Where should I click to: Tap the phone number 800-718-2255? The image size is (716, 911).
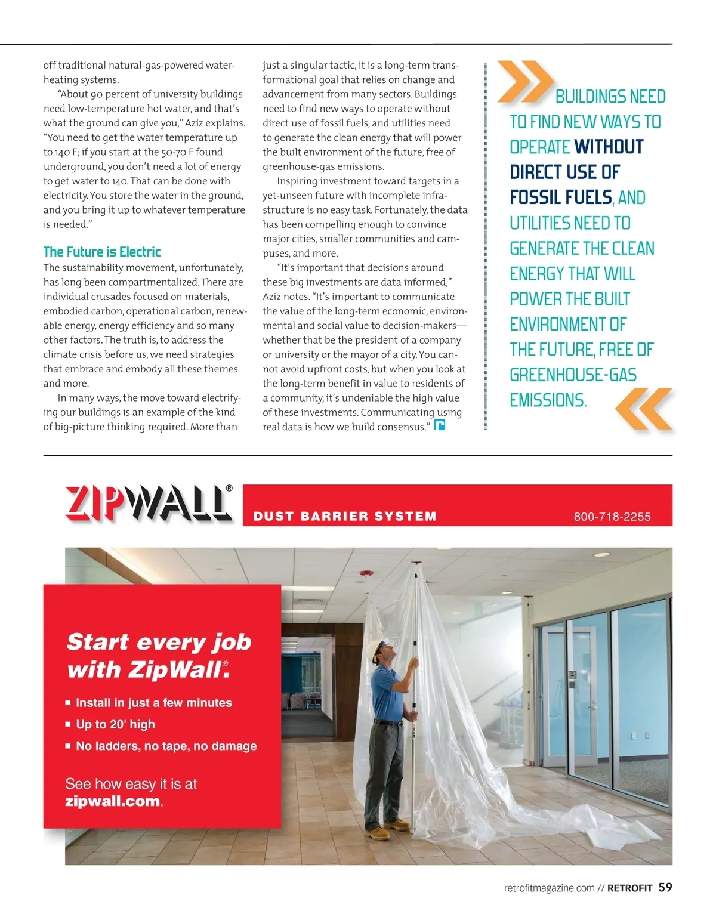pos(612,517)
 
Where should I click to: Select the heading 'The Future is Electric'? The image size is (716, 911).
pos(102,252)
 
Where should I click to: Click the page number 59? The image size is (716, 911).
pos(665,888)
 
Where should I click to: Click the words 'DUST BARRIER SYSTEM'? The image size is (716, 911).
pos(345,517)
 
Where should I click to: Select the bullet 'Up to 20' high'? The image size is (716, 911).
pos(115,724)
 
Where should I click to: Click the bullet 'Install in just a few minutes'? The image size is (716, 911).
pos(153,703)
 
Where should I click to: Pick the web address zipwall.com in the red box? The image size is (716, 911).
pos(113,801)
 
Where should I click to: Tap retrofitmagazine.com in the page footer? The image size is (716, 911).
pos(549,888)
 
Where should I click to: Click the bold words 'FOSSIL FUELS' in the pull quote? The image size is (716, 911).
pos(561,197)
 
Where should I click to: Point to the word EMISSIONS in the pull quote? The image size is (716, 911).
pos(548,400)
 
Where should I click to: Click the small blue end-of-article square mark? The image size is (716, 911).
pos(440,425)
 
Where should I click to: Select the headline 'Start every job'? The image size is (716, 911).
pos(159,642)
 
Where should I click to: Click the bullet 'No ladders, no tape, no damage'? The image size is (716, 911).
pos(166,746)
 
